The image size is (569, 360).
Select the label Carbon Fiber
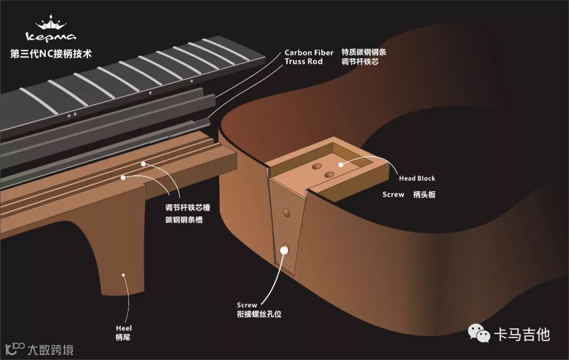tap(309, 53)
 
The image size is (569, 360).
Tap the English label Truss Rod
tap(303, 62)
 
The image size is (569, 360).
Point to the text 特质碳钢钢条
tap(360, 53)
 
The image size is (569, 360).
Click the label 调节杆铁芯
tap(360, 62)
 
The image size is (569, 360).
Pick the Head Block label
tap(417, 179)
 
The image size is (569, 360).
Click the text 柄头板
tap(425, 194)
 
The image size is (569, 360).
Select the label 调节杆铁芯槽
tap(184, 208)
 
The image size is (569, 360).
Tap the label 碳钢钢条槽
tap(184, 220)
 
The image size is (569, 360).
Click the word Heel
tap(124, 328)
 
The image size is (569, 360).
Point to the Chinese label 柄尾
tap(122, 337)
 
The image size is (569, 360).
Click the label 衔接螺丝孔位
tap(259, 314)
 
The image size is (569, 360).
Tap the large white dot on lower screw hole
tap(285, 249)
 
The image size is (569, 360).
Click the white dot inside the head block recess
tap(341, 164)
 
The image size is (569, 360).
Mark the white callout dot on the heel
tap(123, 275)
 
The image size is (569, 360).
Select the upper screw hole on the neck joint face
tap(286, 212)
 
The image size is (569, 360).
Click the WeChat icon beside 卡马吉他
tap(479, 333)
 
